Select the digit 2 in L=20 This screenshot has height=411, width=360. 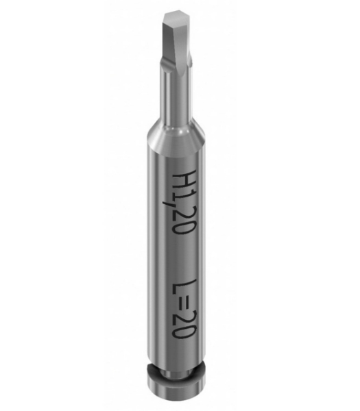pyautogui.click(x=183, y=317)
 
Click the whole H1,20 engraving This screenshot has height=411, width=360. pyautogui.click(x=183, y=203)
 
